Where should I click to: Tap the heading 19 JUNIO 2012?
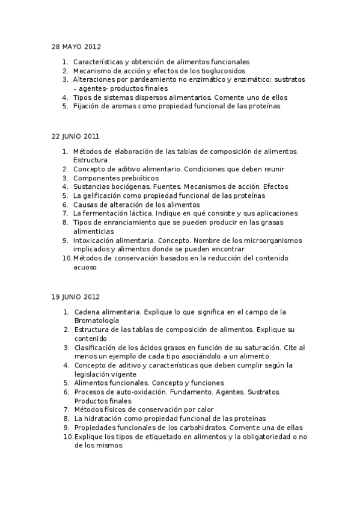pyautogui.click(x=76, y=296)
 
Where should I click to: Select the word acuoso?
pyautogui.click(x=85, y=268)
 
